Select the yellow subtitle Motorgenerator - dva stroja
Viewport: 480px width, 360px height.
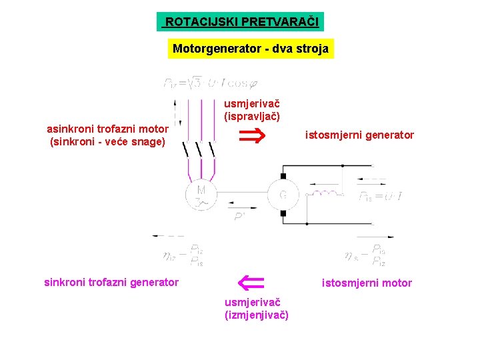(x=251, y=49)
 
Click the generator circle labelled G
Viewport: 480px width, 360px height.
(x=283, y=195)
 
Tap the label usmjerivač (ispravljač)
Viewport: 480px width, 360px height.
(x=251, y=109)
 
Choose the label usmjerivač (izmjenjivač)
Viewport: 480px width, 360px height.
(x=257, y=308)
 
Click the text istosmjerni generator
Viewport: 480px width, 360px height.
(x=359, y=135)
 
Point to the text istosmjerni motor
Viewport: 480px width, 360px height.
(x=367, y=283)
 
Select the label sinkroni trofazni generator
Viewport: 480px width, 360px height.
(x=111, y=282)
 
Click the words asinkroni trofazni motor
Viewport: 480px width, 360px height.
(x=107, y=129)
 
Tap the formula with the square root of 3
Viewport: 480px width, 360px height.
(x=210, y=83)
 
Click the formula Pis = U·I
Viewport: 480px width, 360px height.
(x=380, y=197)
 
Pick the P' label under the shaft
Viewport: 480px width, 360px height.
(x=239, y=217)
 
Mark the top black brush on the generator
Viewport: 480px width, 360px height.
(x=283, y=176)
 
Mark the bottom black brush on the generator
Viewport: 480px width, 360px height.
(x=283, y=213)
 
